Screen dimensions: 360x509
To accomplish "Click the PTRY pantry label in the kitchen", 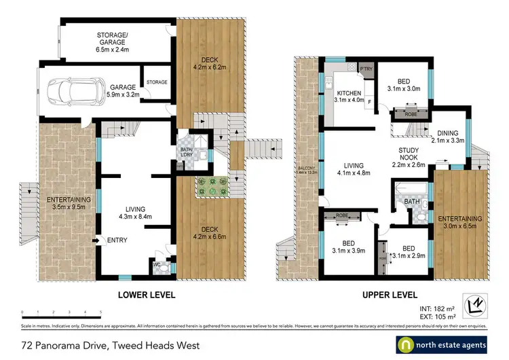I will coord(366,69).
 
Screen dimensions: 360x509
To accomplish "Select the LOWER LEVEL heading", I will coord(147,295).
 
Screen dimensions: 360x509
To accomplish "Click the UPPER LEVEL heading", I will coord(390,295).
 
